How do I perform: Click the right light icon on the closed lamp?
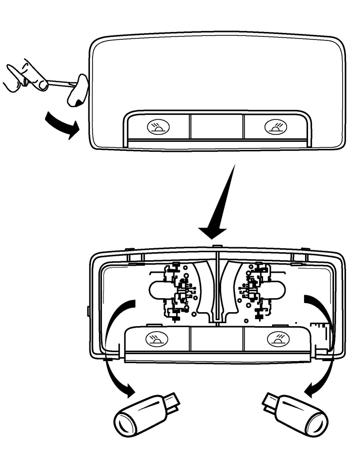click(x=274, y=127)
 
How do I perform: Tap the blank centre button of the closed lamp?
click(x=216, y=127)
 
